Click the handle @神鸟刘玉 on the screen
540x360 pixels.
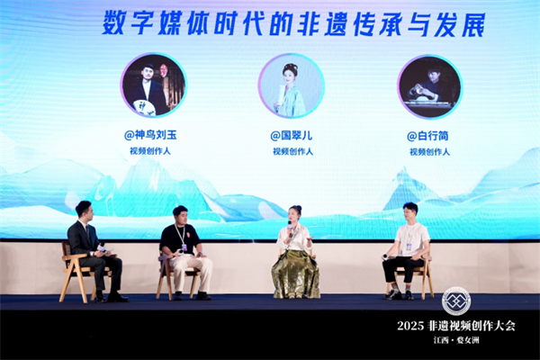click(x=150, y=135)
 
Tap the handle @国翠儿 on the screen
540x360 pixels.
click(x=292, y=135)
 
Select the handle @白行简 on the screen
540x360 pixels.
click(x=427, y=136)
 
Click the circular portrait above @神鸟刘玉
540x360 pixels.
click(x=153, y=85)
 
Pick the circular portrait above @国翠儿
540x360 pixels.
click(x=292, y=85)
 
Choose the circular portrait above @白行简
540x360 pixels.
click(x=429, y=86)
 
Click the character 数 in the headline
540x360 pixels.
click(x=114, y=23)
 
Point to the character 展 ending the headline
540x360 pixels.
click(x=473, y=25)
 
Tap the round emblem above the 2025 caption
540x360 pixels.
click(x=456, y=301)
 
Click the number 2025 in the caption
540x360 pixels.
click(x=410, y=326)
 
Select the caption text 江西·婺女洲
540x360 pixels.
click(x=456, y=340)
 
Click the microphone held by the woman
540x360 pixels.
click(x=290, y=228)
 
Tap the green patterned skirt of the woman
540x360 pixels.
click(x=296, y=274)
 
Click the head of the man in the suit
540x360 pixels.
click(x=84, y=211)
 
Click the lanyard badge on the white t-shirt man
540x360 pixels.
click(x=409, y=247)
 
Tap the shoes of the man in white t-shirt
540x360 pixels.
click(x=400, y=295)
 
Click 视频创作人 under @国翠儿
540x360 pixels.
click(x=292, y=151)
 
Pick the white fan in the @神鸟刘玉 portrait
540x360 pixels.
click(x=144, y=107)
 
